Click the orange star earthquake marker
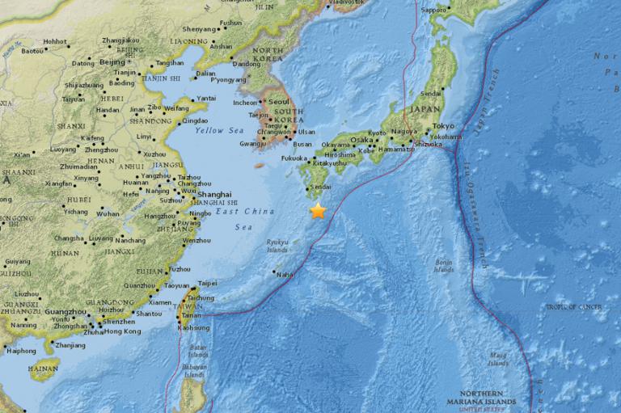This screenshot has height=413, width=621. pyautogui.click(x=318, y=210)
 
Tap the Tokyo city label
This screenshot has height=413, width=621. pyautogui.click(x=443, y=126)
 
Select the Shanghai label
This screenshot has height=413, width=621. pyautogui.click(x=215, y=194)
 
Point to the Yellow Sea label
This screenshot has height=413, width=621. pyautogui.click(x=224, y=130)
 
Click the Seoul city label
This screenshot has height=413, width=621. pyautogui.click(x=279, y=102)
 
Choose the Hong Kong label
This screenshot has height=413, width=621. pyautogui.click(x=123, y=331)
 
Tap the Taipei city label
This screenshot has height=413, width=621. pyautogui.click(x=208, y=284)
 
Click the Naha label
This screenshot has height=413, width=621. pyautogui.click(x=285, y=275)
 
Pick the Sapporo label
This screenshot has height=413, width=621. pyautogui.click(x=434, y=11)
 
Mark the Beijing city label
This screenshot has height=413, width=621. pyautogui.click(x=112, y=62)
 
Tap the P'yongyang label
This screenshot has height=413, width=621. pyautogui.click(x=227, y=80)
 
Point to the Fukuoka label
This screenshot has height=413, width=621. pyautogui.click(x=294, y=158)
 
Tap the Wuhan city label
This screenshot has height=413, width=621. pyautogui.click(x=108, y=214)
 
